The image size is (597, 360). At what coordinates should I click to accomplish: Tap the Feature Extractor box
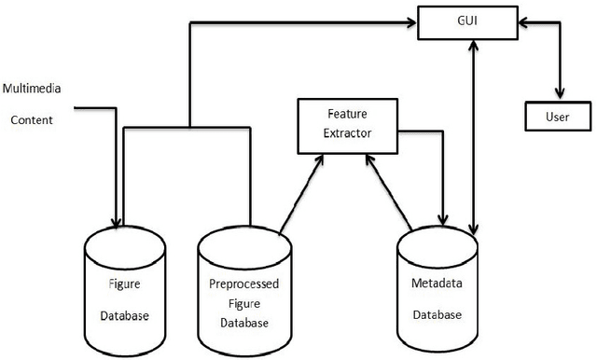(x=347, y=124)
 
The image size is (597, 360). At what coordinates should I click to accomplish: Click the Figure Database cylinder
(x=124, y=289)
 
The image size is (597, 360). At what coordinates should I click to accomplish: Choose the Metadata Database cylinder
(x=437, y=289)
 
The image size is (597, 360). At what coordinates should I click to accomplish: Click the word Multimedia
(x=31, y=90)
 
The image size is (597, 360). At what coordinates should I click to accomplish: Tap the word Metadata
(x=437, y=282)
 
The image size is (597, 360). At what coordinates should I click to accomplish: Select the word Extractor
(x=347, y=133)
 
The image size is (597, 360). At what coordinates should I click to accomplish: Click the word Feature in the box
(x=347, y=114)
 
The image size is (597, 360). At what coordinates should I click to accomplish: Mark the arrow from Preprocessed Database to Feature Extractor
(x=300, y=191)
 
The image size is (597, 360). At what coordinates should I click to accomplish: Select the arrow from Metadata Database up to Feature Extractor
(x=391, y=191)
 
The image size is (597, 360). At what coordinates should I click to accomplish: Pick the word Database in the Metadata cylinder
(x=437, y=314)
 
